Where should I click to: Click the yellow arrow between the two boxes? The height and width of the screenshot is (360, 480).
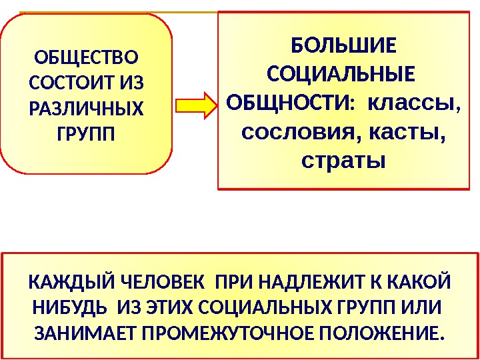pyautogui.click(x=196, y=105)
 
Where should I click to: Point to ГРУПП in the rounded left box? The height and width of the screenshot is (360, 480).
pyautogui.click(x=87, y=134)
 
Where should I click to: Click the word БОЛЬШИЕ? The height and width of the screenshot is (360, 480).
pyautogui.click(x=344, y=47)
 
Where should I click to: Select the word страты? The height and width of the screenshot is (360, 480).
pyautogui.click(x=344, y=161)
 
